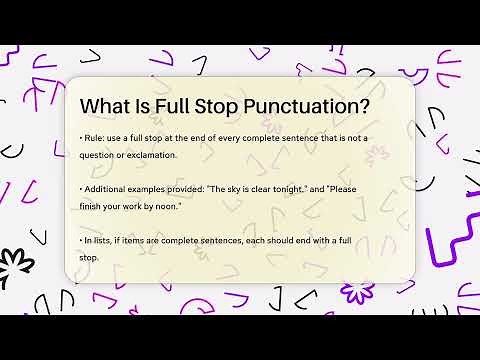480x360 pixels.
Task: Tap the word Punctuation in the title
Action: point(310,106)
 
